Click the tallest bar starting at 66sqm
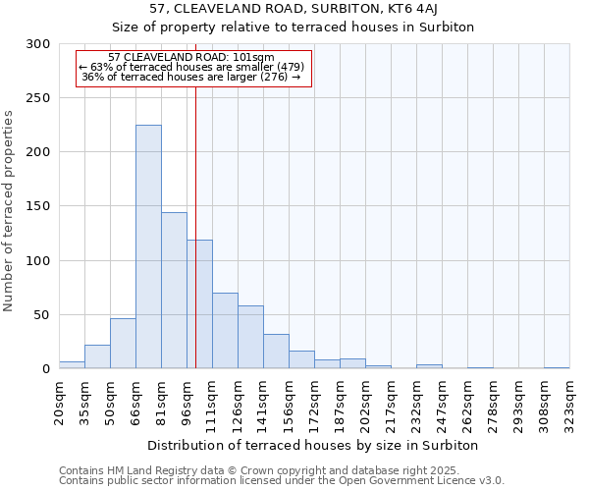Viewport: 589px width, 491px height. (x=148, y=246)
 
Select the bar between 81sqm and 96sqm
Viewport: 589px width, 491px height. (x=174, y=291)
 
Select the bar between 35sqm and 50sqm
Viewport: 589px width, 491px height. (x=97, y=357)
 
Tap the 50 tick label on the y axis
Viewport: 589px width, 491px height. (x=42, y=315)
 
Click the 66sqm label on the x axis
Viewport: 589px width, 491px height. (x=135, y=402)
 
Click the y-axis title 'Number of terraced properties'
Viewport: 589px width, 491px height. (x=9, y=211)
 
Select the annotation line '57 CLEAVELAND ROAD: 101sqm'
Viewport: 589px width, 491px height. (x=191, y=58)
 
